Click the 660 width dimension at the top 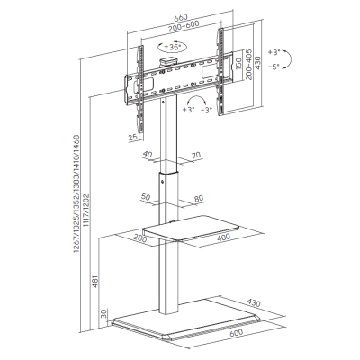(x=181, y=16)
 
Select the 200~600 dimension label (x=184, y=26)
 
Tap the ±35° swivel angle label (x=172, y=47)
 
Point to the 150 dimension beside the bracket (x=238, y=64)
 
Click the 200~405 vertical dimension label (x=249, y=65)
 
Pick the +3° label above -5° (x=274, y=52)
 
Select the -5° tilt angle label (x=274, y=67)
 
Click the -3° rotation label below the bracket (x=207, y=110)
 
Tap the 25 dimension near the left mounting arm (x=133, y=137)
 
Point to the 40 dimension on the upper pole (x=147, y=155)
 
